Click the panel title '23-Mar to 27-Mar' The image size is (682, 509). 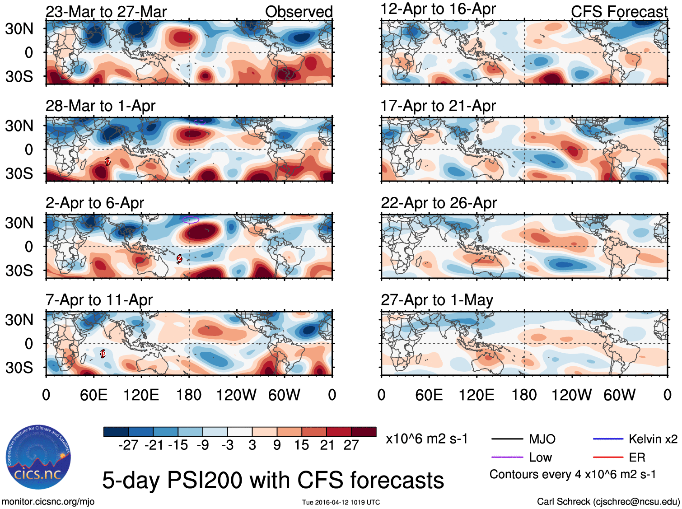tap(106, 12)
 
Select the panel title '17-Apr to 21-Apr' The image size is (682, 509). tap(438, 106)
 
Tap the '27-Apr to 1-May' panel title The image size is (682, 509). tap(437, 300)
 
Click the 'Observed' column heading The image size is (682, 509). tap(299, 12)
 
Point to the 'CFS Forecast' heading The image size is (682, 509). tap(619, 12)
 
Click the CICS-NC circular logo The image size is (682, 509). tap(38, 457)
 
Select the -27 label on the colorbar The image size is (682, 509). tap(128, 445)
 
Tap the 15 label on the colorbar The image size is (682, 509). tap(302, 445)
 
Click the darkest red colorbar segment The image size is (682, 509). tap(364, 432)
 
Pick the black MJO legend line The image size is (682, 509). tap(507, 439)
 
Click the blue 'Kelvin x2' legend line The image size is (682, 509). tap(608, 439)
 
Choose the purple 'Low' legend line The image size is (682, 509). tap(507, 458)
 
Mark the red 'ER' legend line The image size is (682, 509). tap(608, 458)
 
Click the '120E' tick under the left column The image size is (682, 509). tap(141, 395)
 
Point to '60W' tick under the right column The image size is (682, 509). tap(619, 395)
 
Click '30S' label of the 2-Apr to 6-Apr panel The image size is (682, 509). tap(19, 271)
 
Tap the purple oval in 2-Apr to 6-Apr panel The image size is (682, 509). tap(191, 220)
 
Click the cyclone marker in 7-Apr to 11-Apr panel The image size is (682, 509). tap(103, 354)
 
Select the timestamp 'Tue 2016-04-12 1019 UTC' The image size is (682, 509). tap(341, 502)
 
